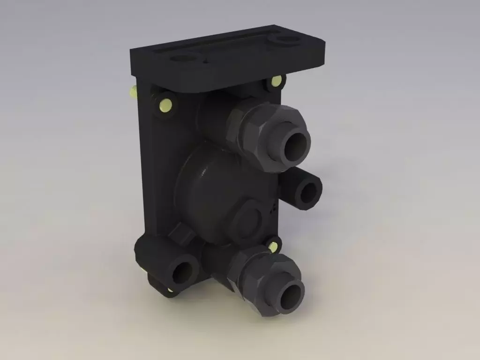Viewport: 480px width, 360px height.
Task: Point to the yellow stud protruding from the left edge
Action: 133,92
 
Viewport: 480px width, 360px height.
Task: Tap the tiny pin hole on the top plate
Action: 206,60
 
